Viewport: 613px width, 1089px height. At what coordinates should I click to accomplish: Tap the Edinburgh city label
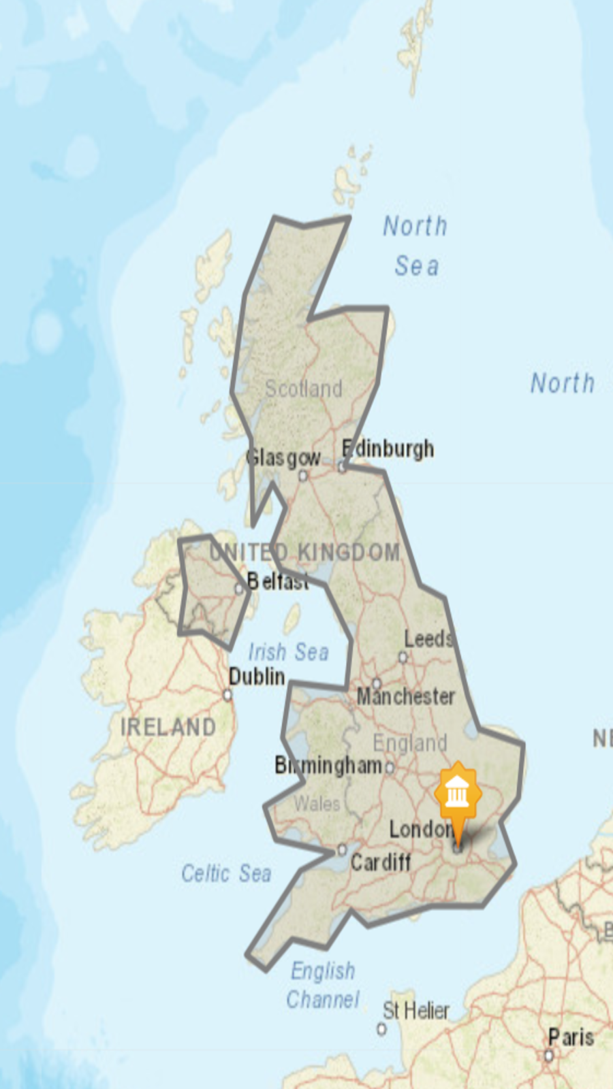tap(388, 449)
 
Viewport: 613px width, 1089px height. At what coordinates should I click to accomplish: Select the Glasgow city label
tap(283, 458)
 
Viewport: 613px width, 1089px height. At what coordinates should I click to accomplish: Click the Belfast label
tap(278, 581)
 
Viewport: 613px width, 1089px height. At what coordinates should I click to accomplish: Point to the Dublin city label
tap(257, 677)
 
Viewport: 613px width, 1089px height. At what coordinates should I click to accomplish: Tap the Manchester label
tap(406, 696)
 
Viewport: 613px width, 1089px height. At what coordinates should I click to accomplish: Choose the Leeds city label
tap(428, 639)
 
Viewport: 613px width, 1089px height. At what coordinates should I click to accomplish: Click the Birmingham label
tap(328, 766)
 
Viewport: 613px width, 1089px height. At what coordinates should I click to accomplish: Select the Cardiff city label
tap(381, 862)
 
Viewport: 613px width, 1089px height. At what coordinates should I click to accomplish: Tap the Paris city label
tap(571, 1037)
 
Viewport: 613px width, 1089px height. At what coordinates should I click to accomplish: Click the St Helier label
tap(415, 1011)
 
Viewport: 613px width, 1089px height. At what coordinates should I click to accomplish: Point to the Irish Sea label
tap(288, 652)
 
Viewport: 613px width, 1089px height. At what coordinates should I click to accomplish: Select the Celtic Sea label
tap(226, 873)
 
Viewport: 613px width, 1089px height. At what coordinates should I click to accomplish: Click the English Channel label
tap(323, 985)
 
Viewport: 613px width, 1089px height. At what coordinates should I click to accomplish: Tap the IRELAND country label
tap(168, 727)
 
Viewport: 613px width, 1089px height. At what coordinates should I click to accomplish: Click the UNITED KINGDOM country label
tap(304, 552)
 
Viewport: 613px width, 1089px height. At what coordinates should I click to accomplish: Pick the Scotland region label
tap(303, 389)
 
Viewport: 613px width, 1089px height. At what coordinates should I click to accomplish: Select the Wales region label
tap(317, 804)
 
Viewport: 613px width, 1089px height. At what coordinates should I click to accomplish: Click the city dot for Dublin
tap(227, 695)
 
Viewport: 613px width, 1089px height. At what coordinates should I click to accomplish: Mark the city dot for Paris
tap(548, 1056)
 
